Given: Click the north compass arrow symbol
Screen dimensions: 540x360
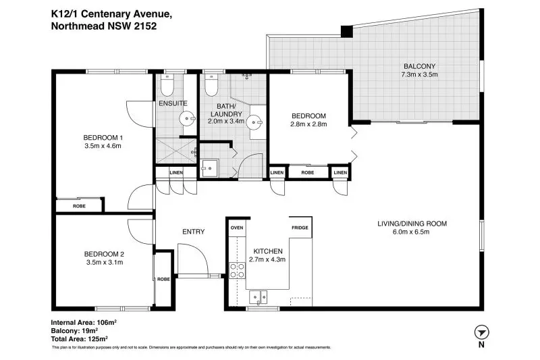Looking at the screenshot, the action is click(x=481, y=333).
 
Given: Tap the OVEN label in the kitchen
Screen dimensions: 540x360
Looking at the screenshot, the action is click(x=237, y=228).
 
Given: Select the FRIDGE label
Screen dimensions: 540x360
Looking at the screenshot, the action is click(x=300, y=228).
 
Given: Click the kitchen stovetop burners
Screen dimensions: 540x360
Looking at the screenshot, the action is click(x=237, y=270).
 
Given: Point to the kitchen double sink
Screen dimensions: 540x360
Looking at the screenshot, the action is click(x=259, y=297).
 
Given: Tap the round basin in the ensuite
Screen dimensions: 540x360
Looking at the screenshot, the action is click(x=187, y=119).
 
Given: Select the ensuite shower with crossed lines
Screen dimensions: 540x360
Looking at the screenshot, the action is click(x=176, y=151).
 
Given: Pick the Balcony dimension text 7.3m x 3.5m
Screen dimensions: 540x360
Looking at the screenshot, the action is click(x=419, y=74).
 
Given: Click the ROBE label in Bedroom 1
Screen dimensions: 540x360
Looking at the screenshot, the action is click(x=79, y=206).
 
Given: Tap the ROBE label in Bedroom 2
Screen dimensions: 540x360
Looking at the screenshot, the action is click(x=163, y=279).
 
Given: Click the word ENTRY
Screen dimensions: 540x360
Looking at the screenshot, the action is click(x=194, y=232).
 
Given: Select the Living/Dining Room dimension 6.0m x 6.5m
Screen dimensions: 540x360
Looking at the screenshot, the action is click(x=411, y=232).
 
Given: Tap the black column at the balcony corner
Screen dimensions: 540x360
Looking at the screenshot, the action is click(x=347, y=31).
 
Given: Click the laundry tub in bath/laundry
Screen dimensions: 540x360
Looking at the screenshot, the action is click(x=210, y=168).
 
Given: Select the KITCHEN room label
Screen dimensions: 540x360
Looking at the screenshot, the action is click(x=268, y=251).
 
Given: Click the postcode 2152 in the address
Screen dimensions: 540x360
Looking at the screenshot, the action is click(x=146, y=26).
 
